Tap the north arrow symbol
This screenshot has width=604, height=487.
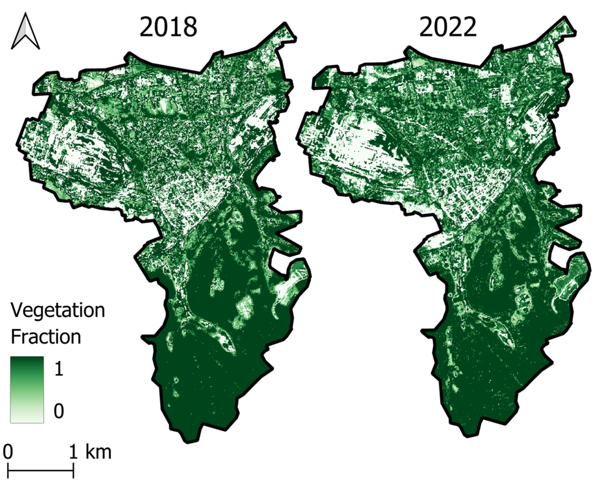pos(25,31)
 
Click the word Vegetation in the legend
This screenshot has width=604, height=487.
pos(57,311)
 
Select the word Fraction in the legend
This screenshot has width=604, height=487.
pos(46,337)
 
